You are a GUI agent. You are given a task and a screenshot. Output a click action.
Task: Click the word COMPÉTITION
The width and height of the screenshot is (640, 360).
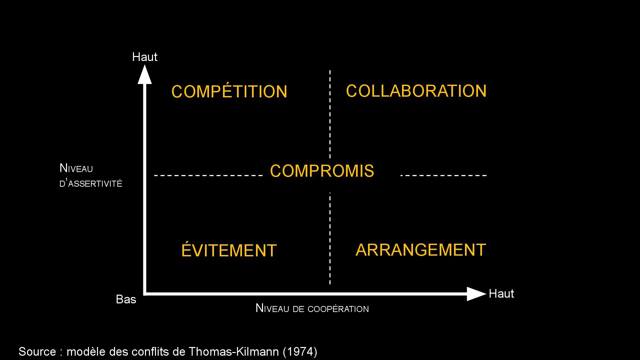(x=229, y=92)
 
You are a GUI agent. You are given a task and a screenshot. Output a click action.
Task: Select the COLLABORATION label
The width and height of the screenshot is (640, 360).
(x=416, y=91)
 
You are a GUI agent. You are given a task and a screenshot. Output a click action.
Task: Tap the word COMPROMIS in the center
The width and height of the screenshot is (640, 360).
(x=322, y=171)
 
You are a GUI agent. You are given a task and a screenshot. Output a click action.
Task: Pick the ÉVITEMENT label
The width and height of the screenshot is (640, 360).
(x=229, y=250)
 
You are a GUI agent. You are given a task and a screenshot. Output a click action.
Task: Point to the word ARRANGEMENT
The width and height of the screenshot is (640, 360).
(x=421, y=250)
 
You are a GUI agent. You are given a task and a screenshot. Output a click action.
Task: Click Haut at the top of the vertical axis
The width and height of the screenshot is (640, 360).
(x=145, y=57)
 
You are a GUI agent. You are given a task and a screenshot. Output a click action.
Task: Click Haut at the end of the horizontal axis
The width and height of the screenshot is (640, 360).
(x=501, y=294)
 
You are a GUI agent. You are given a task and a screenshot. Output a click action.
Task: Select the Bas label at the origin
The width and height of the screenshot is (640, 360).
(x=126, y=299)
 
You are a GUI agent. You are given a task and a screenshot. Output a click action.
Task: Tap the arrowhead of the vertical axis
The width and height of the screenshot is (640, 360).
(x=145, y=75)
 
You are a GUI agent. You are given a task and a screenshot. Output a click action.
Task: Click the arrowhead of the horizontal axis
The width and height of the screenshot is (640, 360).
(x=476, y=294)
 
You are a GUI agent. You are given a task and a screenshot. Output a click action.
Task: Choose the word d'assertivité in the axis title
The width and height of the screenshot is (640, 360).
(x=91, y=183)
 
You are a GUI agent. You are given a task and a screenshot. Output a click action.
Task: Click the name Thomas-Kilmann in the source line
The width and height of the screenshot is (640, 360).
(x=234, y=352)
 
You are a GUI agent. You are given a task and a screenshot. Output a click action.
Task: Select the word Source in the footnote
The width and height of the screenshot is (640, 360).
(x=37, y=352)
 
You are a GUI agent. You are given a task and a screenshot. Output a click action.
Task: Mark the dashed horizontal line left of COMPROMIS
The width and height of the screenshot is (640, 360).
(x=209, y=175)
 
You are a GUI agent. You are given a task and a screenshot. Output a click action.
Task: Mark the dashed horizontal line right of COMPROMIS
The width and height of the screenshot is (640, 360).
(x=443, y=175)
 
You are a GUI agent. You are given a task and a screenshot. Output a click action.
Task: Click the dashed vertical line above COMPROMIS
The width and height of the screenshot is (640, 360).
(x=330, y=113)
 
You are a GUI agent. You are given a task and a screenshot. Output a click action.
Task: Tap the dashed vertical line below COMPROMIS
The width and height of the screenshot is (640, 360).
(x=330, y=238)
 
